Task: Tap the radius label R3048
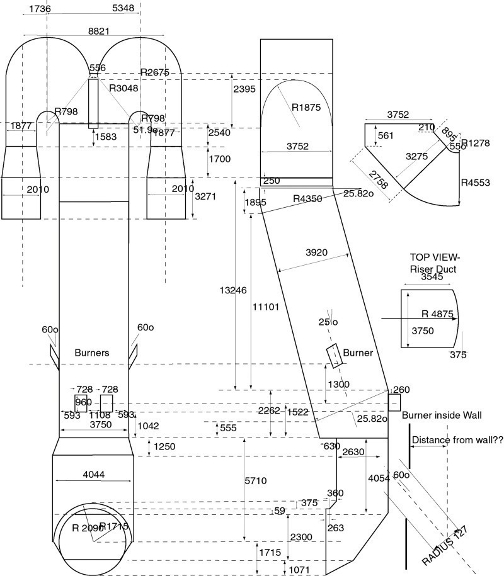tap(123, 88)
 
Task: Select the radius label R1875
tap(306, 107)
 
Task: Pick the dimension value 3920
tap(317, 252)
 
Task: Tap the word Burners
tap(92, 353)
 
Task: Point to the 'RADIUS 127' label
tap(447, 543)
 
